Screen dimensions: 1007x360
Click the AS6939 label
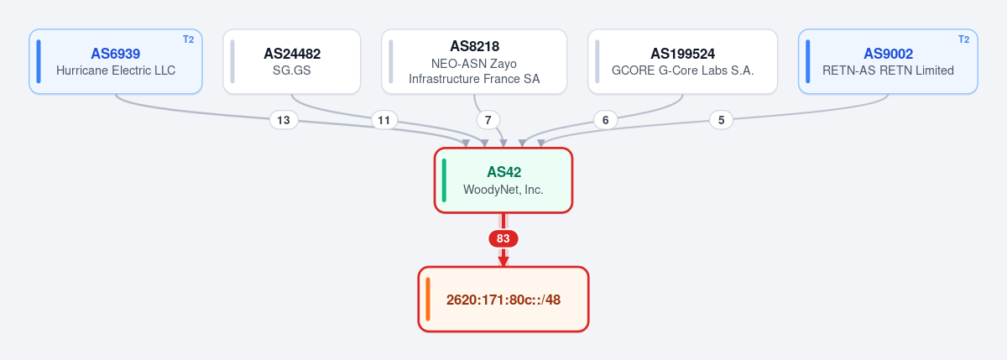(x=116, y=54)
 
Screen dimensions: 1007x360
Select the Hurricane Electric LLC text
(x=116, y=70)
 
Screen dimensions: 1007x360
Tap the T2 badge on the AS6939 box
(x=188, y=39)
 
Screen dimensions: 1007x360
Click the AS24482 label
(x=292, y=54)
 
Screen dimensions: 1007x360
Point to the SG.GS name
(x=292, y=70)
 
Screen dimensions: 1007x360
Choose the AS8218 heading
(x=475, y=46)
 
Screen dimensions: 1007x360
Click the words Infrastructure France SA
(x=474, y=79)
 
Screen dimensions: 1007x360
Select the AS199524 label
(x=683, y=54)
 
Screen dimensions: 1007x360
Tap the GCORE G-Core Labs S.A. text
(x=683, y=70)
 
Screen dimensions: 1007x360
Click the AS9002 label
(x=889, y=54)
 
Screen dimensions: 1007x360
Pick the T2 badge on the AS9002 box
(x=964, y=39)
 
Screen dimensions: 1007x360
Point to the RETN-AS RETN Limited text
(x=889, y=70)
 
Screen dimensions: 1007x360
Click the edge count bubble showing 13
(x=284, y=121)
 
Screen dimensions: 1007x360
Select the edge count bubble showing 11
(x=384, y=121)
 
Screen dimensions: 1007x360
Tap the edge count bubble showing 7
(x=488, y=121)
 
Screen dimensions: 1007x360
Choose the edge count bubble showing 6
(x=606, y=121)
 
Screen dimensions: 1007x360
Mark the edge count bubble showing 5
(x=721, y=121)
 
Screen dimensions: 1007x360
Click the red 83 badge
(x=503, y=238)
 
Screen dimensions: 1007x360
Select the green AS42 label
(x=504, y=172)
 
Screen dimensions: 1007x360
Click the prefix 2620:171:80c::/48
(x=503, y=300)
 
